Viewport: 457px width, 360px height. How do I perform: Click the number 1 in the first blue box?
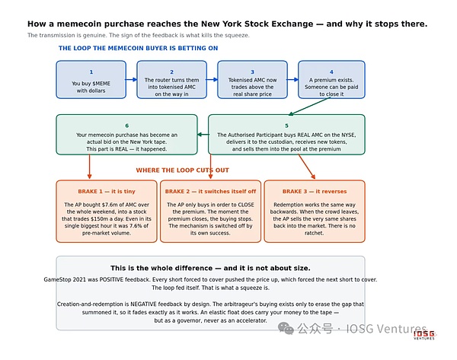(x=91, y=72)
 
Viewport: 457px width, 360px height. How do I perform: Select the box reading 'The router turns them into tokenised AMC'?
(x=171, y=79)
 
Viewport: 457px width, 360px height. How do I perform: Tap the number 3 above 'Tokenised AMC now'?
(x=252, y=72)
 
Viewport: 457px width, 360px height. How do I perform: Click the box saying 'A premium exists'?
(x=331, y=79)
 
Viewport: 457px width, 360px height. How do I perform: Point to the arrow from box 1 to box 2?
(x=131, y=79)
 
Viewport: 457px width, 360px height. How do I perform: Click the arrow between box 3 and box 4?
(x=292, y=79)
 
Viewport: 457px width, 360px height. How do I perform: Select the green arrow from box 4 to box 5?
(x=309, y=107)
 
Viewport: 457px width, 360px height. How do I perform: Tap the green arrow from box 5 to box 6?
(x=203, y=134)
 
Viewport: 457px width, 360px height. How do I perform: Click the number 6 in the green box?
(x=126, y=126)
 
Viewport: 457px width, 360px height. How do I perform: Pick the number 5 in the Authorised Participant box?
(x=286, y=126)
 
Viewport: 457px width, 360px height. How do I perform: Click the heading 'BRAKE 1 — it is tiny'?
(x=107, y=191)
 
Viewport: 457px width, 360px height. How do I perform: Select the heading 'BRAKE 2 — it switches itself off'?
(x=210, y=191)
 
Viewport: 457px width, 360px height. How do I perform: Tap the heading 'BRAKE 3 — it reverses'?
(x=315, y=191)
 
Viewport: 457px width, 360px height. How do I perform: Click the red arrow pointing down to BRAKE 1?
(x=89, y=167)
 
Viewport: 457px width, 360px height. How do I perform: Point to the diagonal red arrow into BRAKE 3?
(x=307, y=167)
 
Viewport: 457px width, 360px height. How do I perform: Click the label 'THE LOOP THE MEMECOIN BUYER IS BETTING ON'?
(x=138, y=48)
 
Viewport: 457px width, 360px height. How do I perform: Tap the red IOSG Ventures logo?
(x=424, y=335)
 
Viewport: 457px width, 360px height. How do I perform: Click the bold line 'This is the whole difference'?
(x=161, y=268)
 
